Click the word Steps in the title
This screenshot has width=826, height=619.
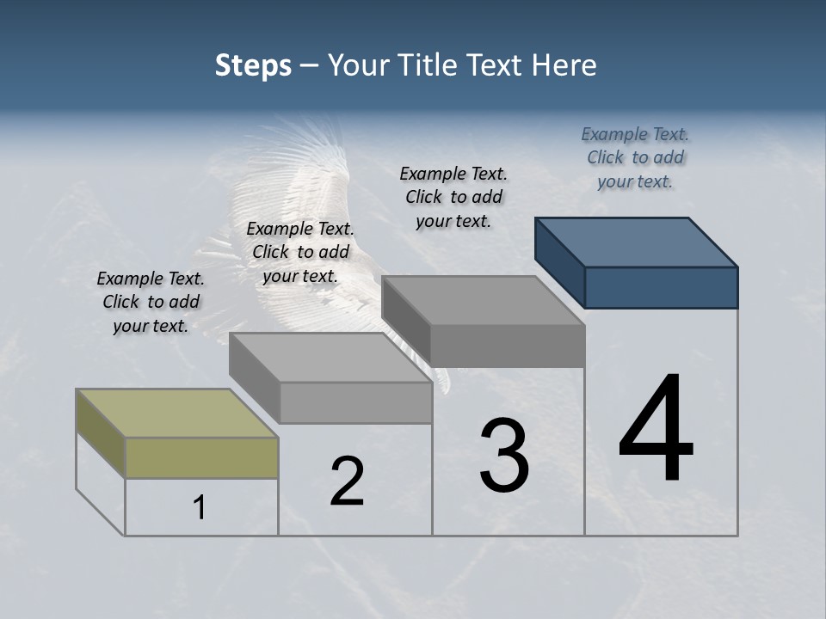coord(253,65)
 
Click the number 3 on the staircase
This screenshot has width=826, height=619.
coord(504,456)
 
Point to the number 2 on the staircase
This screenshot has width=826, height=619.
coord(347,481)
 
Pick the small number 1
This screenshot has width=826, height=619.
coord(200,508)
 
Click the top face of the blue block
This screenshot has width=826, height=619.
coord(637,242)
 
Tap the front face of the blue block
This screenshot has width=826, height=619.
coord(661,287)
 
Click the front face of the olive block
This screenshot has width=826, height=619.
coord(201,457)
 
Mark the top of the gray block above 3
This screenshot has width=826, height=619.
coord(484,300)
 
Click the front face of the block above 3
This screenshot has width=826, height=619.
coord(508,346)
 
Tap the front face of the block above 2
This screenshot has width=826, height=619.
coord(355,402)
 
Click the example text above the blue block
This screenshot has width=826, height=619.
coord(635,157)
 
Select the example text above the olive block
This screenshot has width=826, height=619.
coord(151,302)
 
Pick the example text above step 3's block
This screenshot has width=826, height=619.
coord(453,197)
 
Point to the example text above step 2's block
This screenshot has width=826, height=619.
coord(300,252)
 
